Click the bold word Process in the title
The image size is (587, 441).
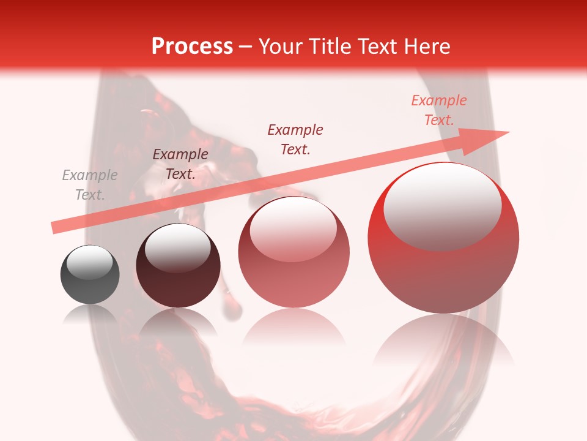(192, 47)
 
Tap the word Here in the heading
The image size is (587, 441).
(427, 47)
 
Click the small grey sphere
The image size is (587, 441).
(90, 274)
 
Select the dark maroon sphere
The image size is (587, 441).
(178, 266)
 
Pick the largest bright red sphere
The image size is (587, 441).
(443, 238)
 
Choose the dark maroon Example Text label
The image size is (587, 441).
(180, 164)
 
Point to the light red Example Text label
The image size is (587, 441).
(439, 110)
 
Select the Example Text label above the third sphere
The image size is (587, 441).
(295, 139)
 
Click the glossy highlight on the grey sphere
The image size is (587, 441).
(90, 263)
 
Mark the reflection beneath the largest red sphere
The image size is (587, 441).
(443, 343)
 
